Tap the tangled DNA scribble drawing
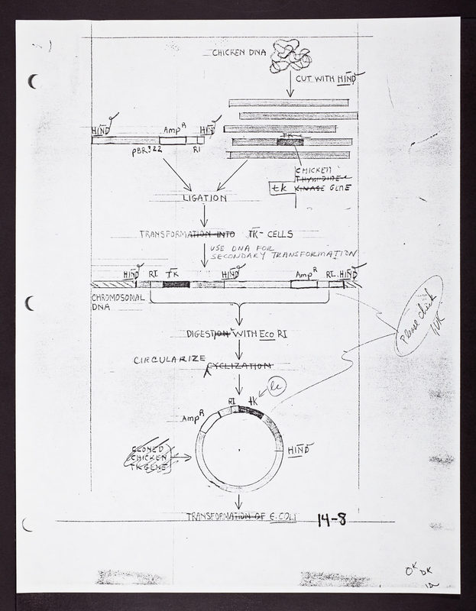click(x=289, y=55)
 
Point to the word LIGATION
click(x=204, y=198)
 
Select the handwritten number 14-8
click(x=332, y=521)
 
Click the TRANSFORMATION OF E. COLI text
click(x=240, y=517)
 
